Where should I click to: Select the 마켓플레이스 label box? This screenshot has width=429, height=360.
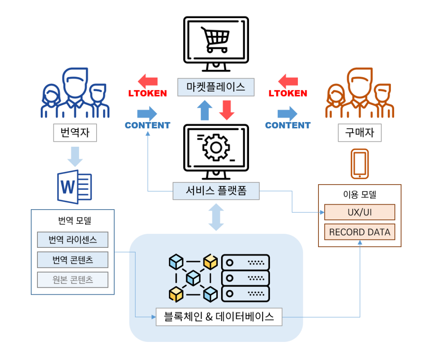click(216, 87)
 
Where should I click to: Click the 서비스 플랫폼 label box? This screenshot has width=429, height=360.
click(216, 191)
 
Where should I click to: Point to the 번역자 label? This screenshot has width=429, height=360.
click(75, 133)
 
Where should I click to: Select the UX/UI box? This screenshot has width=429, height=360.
click(360, 212)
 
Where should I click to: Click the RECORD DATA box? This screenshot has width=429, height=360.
click(360, 232)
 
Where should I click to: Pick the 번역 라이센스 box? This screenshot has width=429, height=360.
click(72, 240)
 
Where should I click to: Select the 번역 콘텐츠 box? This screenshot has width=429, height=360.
click(72, 260)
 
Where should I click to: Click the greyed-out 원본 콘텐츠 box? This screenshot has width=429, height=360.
click(72, 280)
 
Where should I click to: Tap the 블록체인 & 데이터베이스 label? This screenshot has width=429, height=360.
click(219, 317)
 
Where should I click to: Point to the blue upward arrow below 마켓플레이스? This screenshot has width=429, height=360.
click(205, 110)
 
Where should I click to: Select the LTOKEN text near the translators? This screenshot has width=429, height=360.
click(148, 93)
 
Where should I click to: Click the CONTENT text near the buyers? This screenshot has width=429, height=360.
click(288, 125)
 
